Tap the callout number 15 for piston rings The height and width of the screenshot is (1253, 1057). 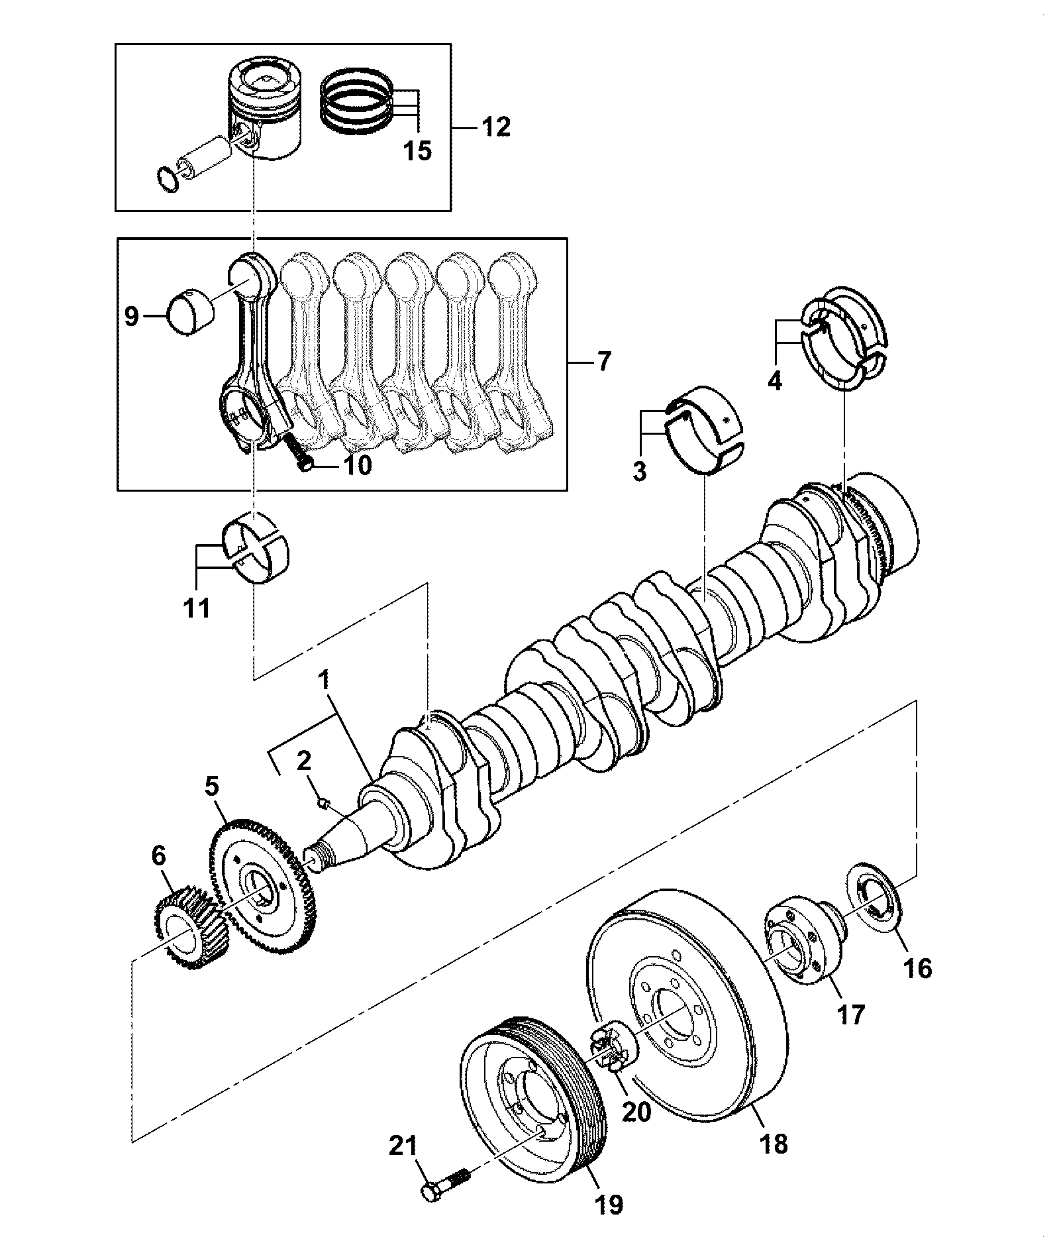[418, 150]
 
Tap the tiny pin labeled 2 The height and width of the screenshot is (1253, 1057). [323, 803]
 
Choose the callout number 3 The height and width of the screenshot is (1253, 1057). [639, 471]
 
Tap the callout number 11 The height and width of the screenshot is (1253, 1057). [197, 608]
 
